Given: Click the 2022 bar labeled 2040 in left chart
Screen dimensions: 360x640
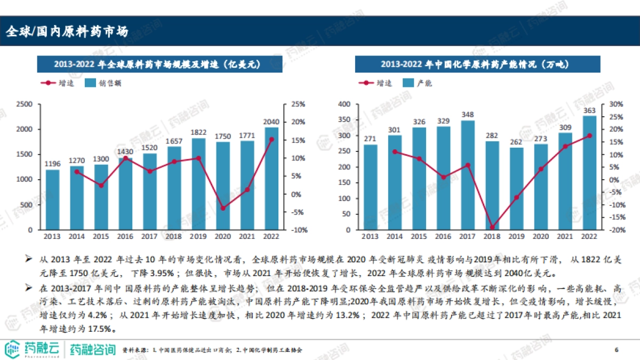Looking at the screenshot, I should (x=271, y=179).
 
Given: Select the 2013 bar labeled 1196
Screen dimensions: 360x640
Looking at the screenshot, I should (x=52, y=200).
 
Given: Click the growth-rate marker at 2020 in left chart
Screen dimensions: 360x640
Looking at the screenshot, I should (x=223, y=208).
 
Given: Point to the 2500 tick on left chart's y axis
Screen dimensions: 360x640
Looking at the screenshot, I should (x=25, y=104).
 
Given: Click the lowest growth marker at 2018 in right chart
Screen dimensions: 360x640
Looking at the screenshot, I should (x=492, y=228).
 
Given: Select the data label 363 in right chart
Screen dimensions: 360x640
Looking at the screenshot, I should (x=589, y=110).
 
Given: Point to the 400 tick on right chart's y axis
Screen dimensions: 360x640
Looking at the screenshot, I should (x=346, y=104).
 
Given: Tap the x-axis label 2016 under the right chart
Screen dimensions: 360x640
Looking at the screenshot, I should (x=443, y=236).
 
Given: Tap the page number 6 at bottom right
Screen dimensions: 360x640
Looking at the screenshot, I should (x=617, y=350).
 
